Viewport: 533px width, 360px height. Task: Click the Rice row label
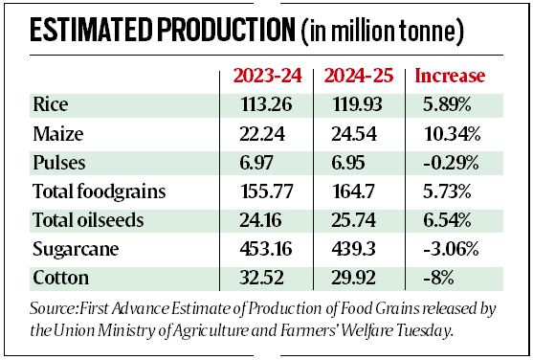(49, 104)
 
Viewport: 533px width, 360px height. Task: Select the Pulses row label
(56, 162)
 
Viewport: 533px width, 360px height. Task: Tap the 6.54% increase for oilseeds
(445, 220)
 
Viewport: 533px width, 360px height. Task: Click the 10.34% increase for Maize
(451, 133)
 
